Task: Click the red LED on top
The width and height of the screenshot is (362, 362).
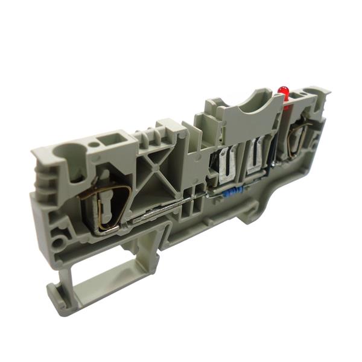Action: click(283, 92)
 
